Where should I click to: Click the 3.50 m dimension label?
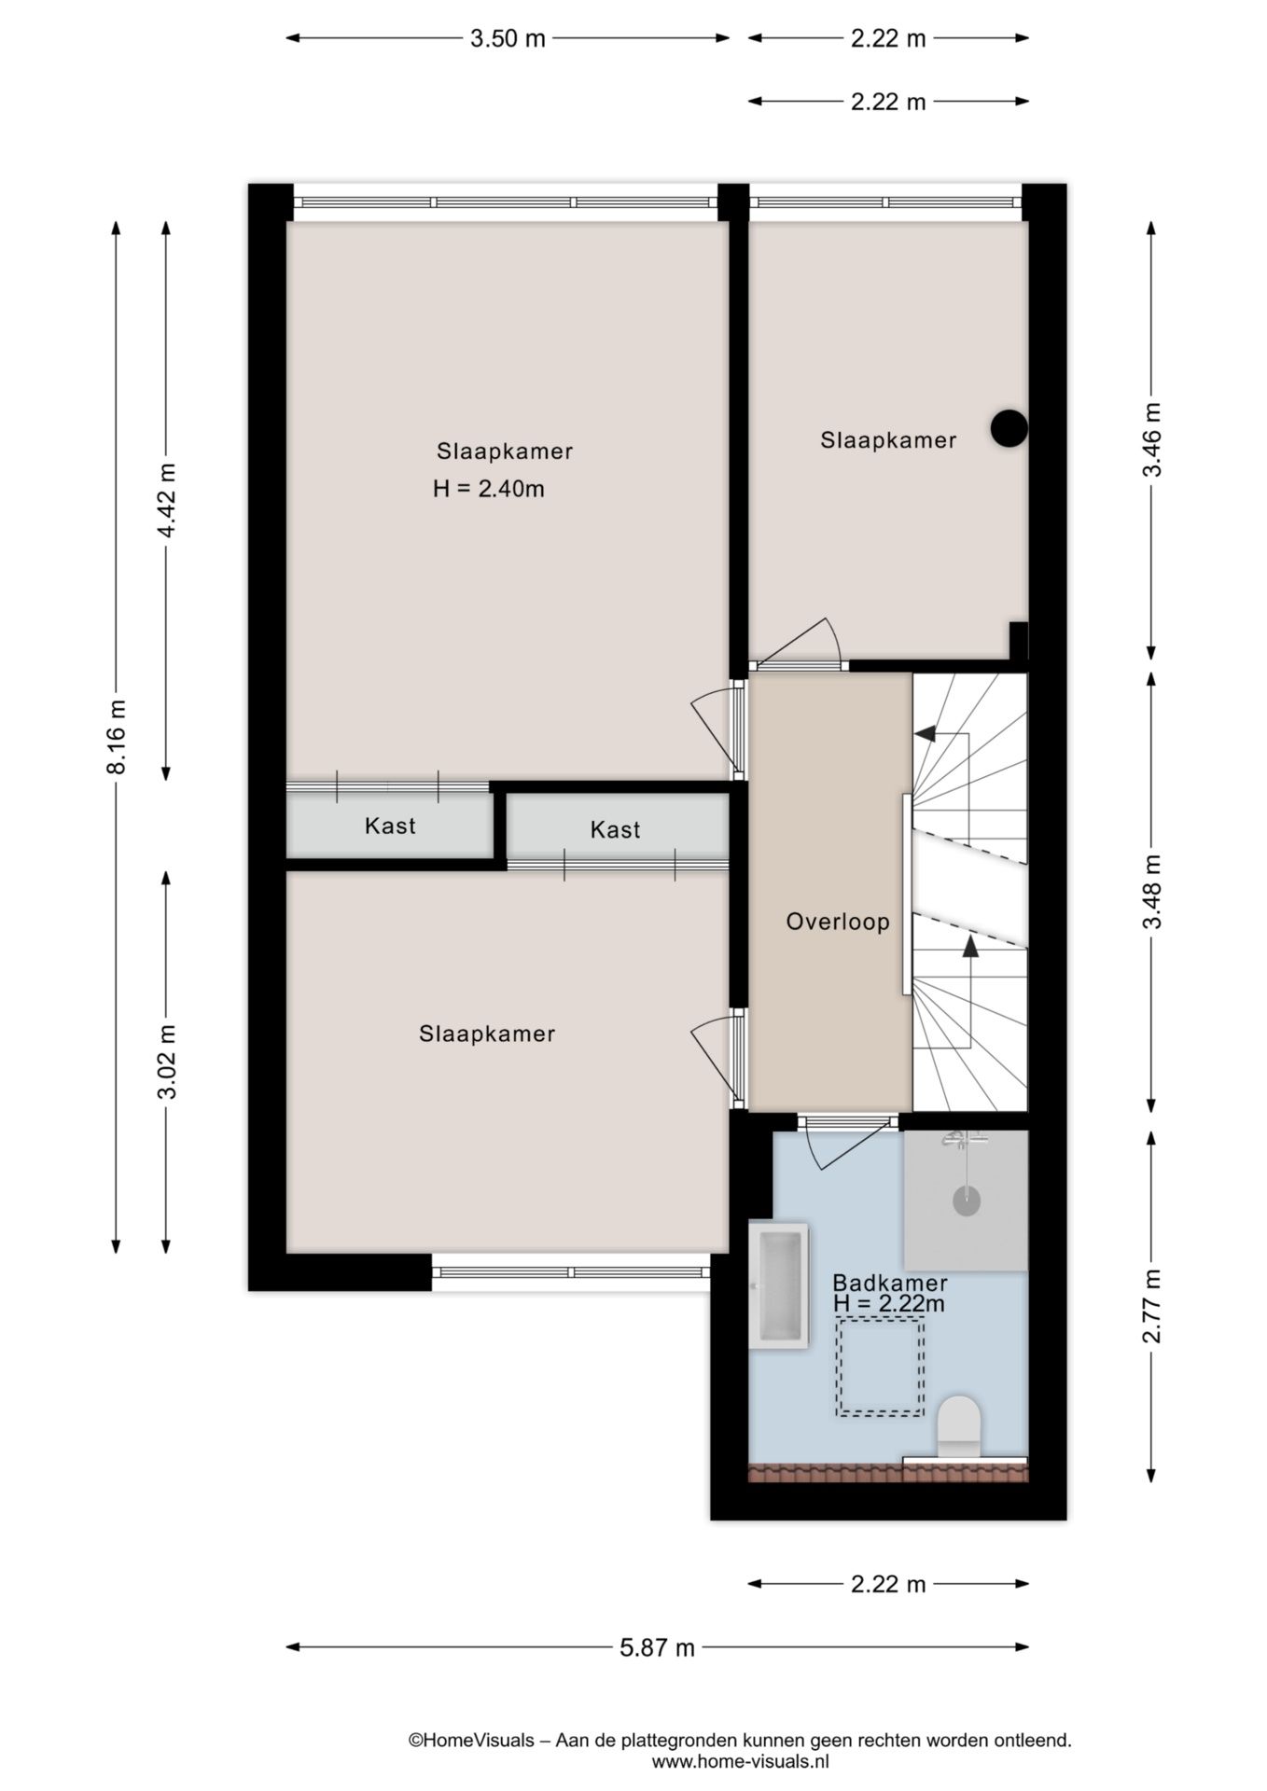point(507,38)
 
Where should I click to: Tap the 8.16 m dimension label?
point(117,736)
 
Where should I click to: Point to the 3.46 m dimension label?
point(1153,438)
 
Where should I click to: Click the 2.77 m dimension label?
point(1153,1305)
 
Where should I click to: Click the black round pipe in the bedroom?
point(1009,428)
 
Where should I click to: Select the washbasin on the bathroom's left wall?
point(778,1285)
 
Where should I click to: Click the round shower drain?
point(967,1201)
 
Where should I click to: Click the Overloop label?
point(838,922)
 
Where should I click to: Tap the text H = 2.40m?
point(488,489)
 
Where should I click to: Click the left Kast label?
point(390,826)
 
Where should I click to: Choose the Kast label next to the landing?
point(615,829)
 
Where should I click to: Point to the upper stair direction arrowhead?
point(926,734)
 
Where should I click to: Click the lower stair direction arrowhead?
point(970,948)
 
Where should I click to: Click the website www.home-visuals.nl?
point(740,1762)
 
